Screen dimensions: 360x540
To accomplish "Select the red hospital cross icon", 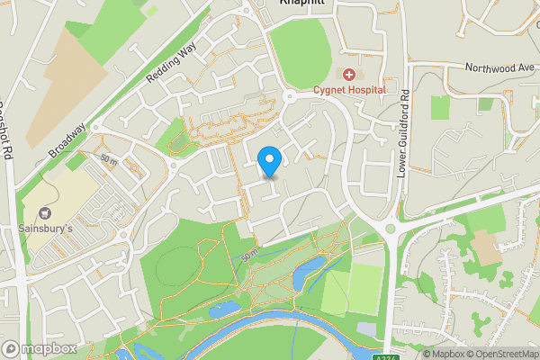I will click(348, 74).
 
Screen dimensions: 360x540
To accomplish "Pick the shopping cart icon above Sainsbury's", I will click(44, 214).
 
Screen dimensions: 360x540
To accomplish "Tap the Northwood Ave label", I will click(500, 67).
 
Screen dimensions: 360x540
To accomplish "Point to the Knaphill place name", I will click(301, 4).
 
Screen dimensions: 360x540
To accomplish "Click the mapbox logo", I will click(39, 348).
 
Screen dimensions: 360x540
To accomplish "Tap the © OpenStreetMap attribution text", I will click(501, 354).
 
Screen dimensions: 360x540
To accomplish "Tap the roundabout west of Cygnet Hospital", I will click(290, 95).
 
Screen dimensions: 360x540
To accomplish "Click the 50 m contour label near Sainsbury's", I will click(110, 159).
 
